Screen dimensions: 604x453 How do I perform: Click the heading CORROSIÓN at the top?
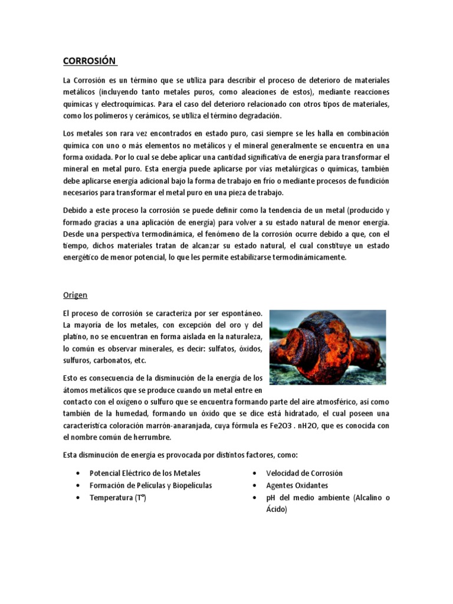(90, 61)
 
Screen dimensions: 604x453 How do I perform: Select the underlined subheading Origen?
(75, 295)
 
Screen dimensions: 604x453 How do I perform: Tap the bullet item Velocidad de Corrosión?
(304, 473)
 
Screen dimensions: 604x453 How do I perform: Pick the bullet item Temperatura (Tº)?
(117, 498)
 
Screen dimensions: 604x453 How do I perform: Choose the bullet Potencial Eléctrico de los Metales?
(145, 473)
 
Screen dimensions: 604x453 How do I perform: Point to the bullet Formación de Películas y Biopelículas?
(150, 485)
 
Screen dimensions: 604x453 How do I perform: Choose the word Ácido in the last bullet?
(277, 510)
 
